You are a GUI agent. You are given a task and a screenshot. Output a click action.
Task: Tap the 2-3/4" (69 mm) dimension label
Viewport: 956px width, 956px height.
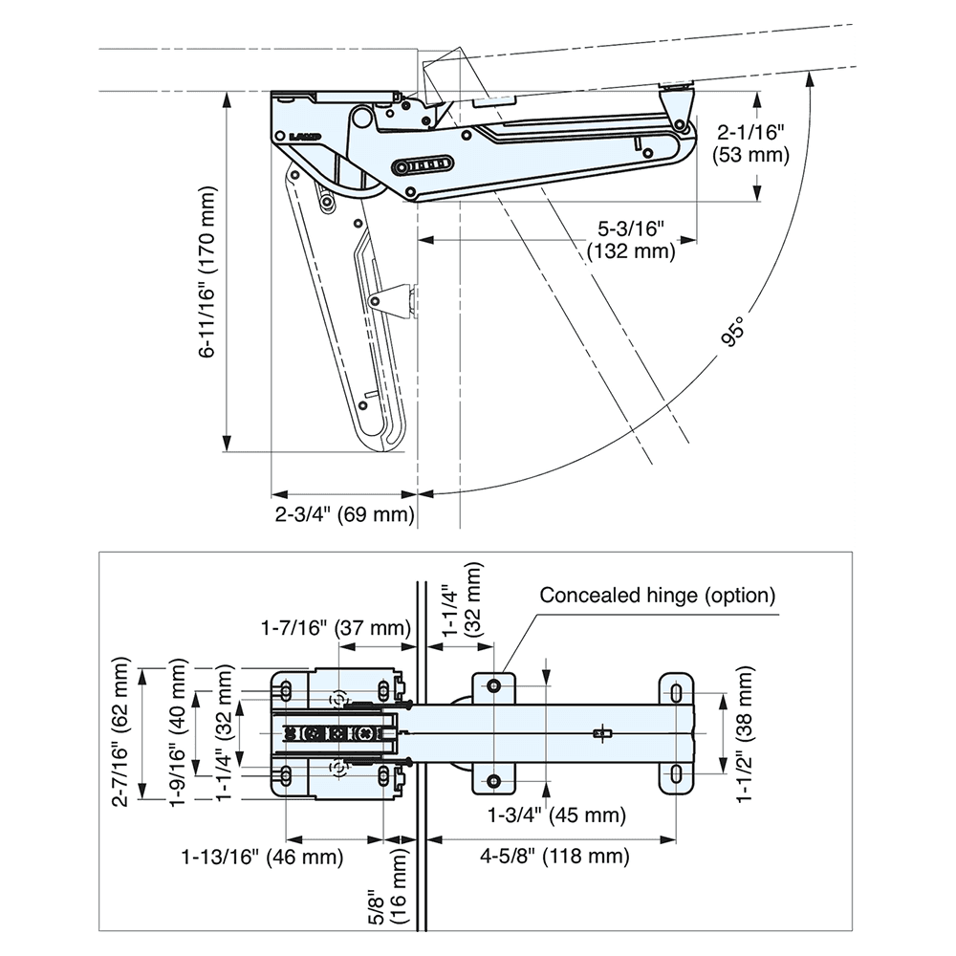345,515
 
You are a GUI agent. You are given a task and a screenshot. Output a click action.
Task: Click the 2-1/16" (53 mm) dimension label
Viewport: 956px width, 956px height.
750,144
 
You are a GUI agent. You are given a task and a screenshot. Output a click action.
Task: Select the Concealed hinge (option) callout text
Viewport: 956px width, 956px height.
657,596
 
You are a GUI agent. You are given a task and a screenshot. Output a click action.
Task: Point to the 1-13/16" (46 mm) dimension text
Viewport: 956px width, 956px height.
262,857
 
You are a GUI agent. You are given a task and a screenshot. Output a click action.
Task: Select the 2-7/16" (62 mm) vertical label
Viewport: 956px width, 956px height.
120,732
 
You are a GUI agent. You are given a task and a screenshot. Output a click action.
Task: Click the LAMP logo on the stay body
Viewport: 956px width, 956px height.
305,136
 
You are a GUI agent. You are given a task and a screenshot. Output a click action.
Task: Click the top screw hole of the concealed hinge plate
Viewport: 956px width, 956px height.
494,685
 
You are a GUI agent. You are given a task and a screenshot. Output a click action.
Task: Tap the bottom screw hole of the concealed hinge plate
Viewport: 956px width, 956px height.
494,782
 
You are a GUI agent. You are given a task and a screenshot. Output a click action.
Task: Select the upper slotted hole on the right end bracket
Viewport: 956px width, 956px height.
675,692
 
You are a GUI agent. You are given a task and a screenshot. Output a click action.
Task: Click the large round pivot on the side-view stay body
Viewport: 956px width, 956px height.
360,119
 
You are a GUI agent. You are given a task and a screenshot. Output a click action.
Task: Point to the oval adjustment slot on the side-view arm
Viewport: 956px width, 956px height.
421,166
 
